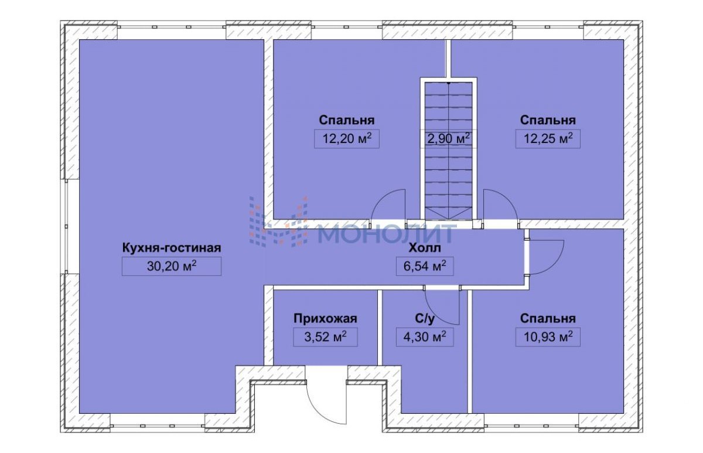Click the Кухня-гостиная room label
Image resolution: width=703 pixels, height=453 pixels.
[172, 248]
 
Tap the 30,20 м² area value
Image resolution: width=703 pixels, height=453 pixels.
[172, 266]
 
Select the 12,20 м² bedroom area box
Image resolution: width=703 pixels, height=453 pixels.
[347, 138]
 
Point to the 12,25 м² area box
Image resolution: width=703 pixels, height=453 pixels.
[548, 138]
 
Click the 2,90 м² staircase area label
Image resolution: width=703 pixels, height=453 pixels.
[449, 138]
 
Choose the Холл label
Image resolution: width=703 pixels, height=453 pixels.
[425, 248]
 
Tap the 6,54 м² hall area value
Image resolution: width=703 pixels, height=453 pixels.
[425, 266]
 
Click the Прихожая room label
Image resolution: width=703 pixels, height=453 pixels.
[326, 318]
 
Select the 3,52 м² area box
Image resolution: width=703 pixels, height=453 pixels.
[326, 337]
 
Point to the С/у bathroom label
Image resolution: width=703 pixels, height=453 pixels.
[425, 319]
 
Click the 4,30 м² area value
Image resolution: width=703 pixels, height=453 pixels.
[425, 337]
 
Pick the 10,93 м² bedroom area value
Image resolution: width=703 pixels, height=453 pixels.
[548, 337]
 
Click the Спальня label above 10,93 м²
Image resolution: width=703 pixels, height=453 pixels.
[548, 318]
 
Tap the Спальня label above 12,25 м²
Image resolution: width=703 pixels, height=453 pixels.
[548, 120]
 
